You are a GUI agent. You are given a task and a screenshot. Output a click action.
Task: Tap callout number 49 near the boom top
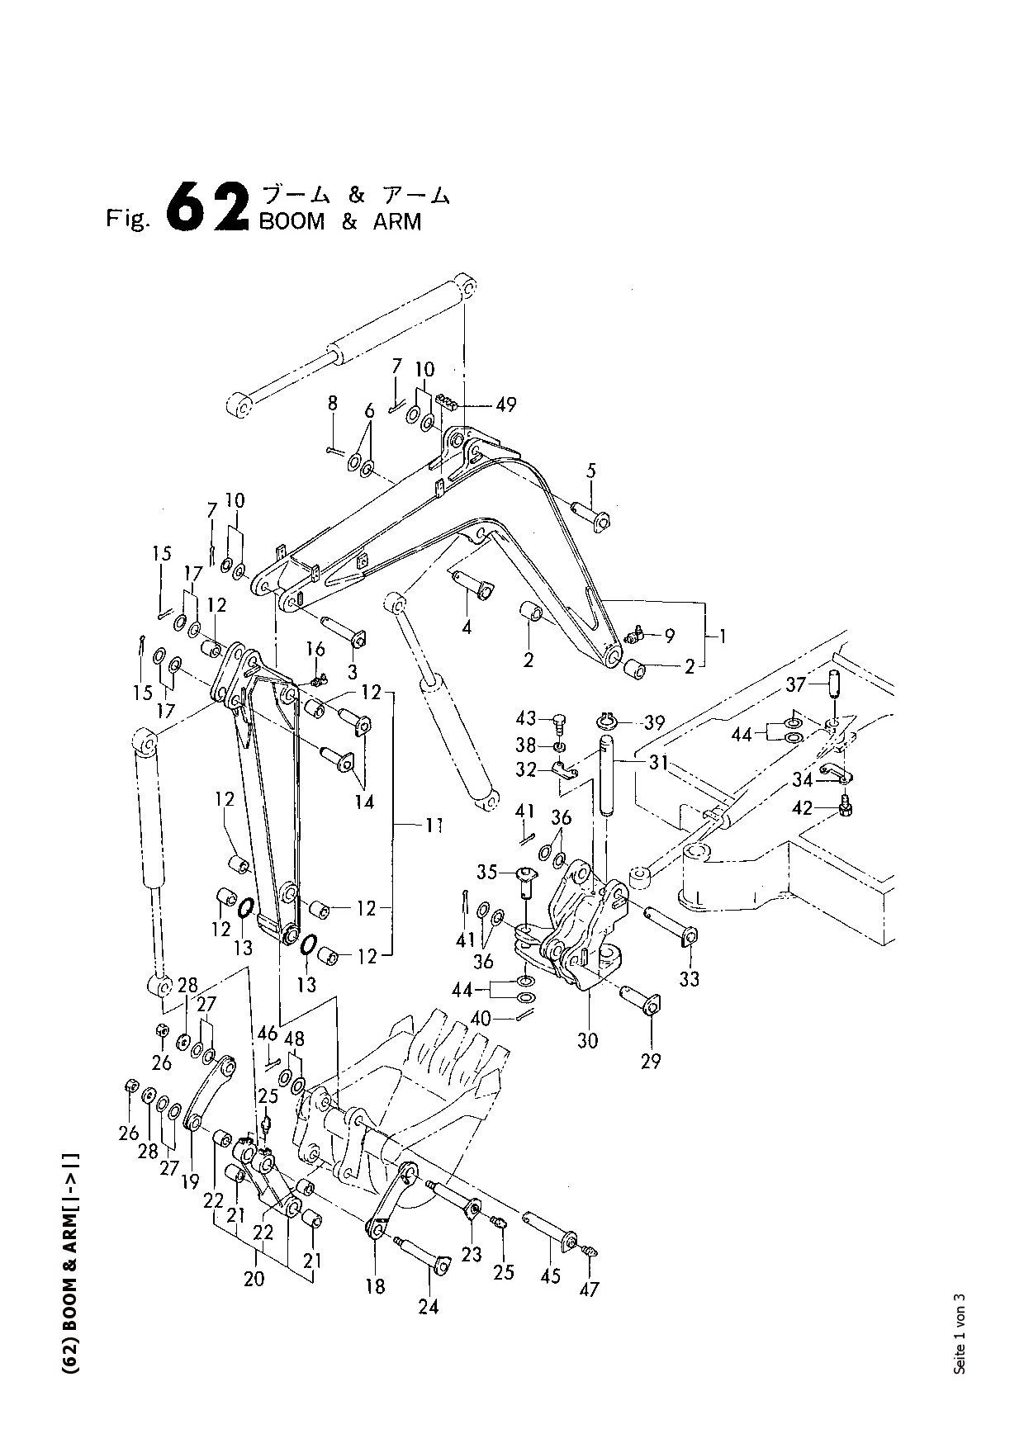505,405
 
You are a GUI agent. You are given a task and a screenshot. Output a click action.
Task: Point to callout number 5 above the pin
591,471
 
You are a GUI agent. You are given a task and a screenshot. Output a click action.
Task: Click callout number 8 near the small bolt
333,403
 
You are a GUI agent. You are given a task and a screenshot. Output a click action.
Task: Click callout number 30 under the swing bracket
587,1040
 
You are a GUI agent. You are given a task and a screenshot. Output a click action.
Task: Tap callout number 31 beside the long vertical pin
658,764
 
